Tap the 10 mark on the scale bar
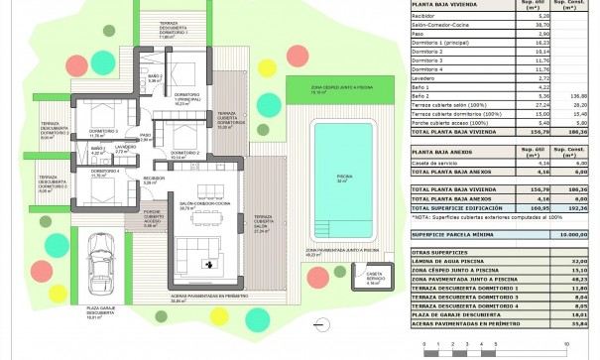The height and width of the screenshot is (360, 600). tap(565, 342)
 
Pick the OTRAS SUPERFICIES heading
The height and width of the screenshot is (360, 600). tap(437, 253)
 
